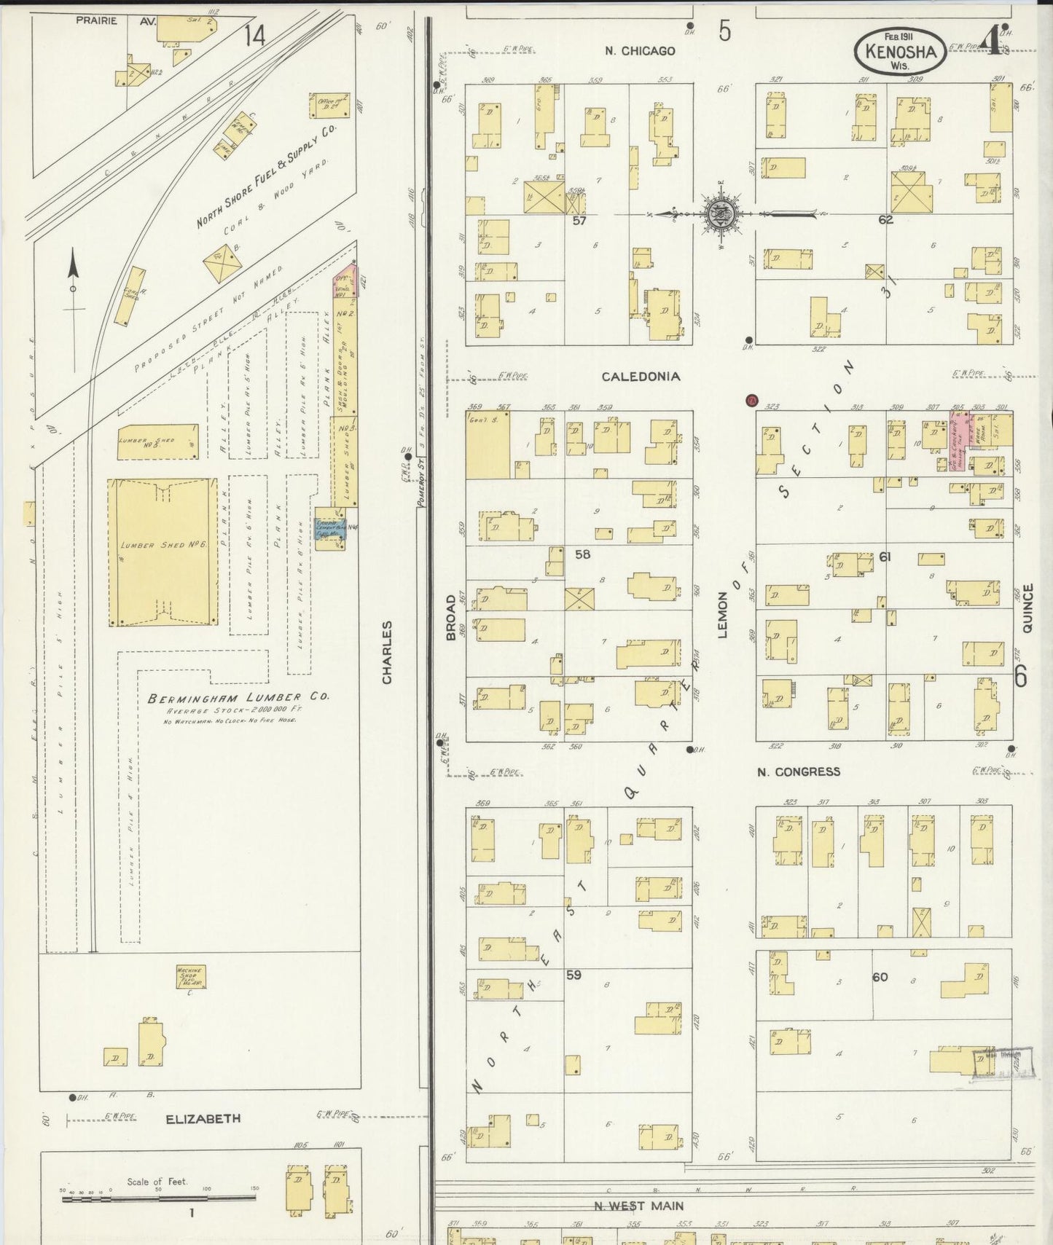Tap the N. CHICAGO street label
(x=639, y=51)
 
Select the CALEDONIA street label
(x=641, y=377)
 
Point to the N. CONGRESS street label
(x=798, y=771)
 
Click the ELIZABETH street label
(x=203, y=1119)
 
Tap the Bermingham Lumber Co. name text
(x=238, y=697)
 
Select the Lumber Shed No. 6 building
(x=163, y=552)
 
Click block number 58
(x=582, y=554)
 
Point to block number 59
(x=574, y=975)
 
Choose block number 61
(x=885, y=557)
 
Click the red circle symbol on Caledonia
(x=752, y=400)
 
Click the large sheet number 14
(x=254, y=36)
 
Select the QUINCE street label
(x=1027, y=608)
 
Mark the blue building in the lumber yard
(x=328, y=528)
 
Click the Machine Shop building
(x=191, y=977)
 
